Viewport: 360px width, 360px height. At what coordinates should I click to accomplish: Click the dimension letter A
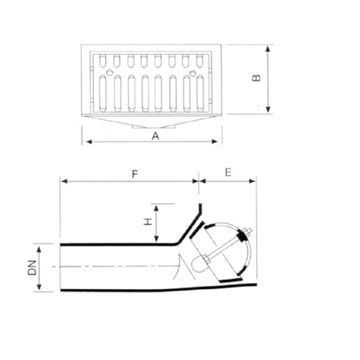[x=155, y=136]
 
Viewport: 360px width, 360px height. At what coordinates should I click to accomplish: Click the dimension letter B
[x=256, y=78]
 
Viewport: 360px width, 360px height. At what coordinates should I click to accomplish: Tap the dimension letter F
[x=135, y=174]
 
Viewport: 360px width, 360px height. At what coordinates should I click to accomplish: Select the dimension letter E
[x=228, y=172]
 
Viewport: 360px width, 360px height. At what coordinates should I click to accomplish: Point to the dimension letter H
[x=148, y=222]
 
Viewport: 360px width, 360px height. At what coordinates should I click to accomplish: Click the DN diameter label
[x=32, y=268]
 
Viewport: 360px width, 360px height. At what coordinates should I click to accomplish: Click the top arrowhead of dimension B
[x=268, y=48]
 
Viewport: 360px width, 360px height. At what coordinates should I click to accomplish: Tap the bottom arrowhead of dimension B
[x=268, y=109]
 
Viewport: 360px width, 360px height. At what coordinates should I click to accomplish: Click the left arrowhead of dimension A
[x=89, y=142]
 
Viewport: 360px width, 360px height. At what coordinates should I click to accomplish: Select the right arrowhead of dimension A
[x=215, y=142]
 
